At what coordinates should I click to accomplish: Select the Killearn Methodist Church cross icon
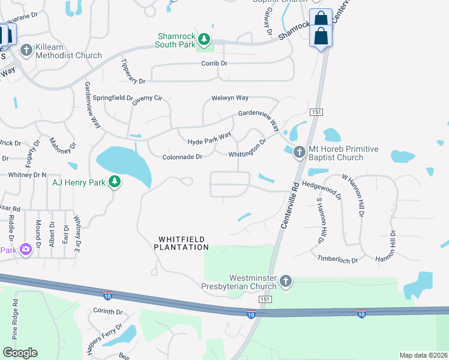[26, 50]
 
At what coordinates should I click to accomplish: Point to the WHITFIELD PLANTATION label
[183, 243]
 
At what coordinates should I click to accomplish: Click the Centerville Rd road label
[290, 204]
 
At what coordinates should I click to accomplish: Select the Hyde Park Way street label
[209, 139]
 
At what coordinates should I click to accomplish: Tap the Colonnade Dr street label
[182, 157]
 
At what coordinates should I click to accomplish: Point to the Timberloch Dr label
[337, 260]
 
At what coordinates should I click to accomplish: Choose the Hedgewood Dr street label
[321, 191]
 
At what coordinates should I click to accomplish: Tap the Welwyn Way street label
[229, 98]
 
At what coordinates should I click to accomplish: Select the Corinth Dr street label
[107, 312]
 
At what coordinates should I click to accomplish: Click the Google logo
[20, 353]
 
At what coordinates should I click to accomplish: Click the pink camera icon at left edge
[26, 248]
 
